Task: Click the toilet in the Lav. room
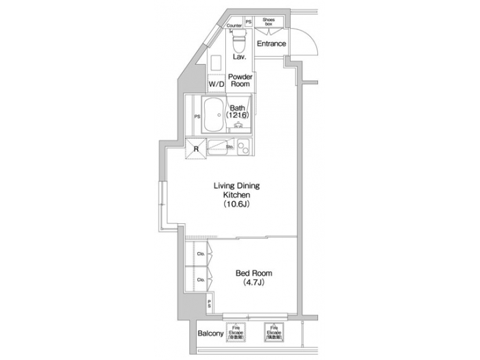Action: pos(238,42)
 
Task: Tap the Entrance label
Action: pos(272,44)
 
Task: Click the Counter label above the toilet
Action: pos(235,25)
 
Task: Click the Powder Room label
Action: pos(239,81)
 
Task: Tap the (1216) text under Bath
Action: pos(238,115)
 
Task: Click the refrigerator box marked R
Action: pos(195,149)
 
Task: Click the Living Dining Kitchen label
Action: pos(236,189)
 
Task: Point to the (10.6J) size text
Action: pos(236,205)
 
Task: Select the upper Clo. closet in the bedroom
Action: pos(201,253)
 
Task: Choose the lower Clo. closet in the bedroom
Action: pos(201,279)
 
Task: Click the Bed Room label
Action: pos(254,273)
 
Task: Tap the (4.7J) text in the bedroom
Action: pos(254,283)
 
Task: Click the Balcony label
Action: pos(210,333)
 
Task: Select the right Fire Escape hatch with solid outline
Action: pos(274,333)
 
